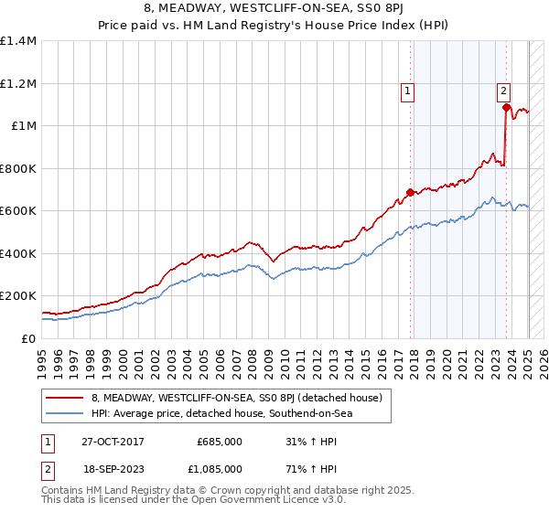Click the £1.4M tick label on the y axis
click(x=18, y=41)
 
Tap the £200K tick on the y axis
click(x=18, y=296)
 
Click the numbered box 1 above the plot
click(x=407, y=90)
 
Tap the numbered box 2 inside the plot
click(x=503, y=90)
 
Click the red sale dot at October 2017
click(x=410, y=193)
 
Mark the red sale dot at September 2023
click(x=506, y=108)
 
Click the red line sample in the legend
click(x=64, y=398)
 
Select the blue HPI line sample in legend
click(x=64, y=414)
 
